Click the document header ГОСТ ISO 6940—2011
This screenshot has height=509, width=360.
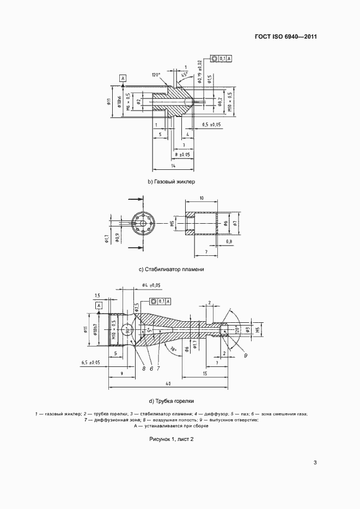pyautogui.click(x=285, y=37)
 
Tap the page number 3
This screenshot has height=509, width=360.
pyautogui.click(x=315, y=463)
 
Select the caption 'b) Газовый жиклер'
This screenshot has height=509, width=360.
pyautogui.click(x=171, y=182)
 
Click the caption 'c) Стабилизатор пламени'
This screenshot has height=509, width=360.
pyautogui.click(x=171, y=269)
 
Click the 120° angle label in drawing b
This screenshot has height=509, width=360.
pyautogui.click(x=157, y=74)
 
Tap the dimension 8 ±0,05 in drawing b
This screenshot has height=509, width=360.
pyautogui.click(x=182, y=155)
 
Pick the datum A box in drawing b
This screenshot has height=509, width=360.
pyautogui.click(x=123, y=78)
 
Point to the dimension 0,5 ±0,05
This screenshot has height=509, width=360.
pyautogui.click(x=212, y=125)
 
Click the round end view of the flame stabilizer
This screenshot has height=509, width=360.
pyautogui.click(x=143, y=224)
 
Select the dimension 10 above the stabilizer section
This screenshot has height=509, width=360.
pyautogui.click(x=201, y=198)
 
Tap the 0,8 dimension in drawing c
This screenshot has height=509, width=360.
pyautogui.click(x=229, y=241)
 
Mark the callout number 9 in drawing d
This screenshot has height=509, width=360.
pyautogui.click(x=246, y=355)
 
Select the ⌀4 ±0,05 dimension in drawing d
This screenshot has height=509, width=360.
pyautogui.click(x=151, y=285)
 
